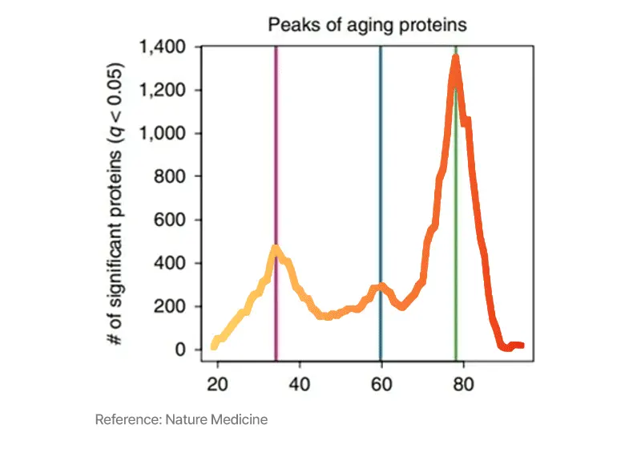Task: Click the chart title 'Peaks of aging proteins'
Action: [367, 25]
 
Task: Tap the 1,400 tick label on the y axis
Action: [163, 47]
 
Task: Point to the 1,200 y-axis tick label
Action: [163, 91]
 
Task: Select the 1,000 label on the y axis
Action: [163, 134]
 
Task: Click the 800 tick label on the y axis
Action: [173, 177]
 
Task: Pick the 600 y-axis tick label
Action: [173, 220]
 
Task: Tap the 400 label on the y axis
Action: [173, 264]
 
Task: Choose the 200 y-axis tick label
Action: [173, 307]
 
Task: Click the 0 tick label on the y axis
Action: [182, 350]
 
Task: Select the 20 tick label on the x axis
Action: [217, 382]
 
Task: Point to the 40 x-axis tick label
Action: [299, 382]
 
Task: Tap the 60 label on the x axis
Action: [381, 382]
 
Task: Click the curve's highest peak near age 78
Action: [455, 58]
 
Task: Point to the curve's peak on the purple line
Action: [276, 249]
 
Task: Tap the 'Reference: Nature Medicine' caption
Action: [181, 420]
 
